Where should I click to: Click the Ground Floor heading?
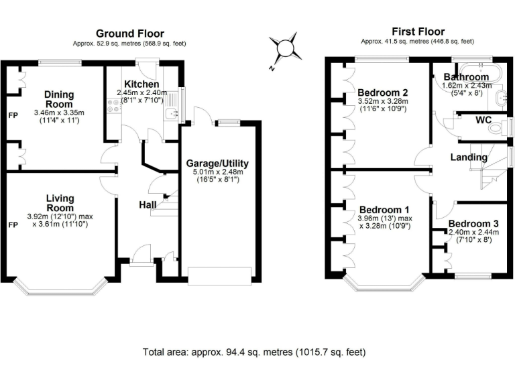[x=130, y=34]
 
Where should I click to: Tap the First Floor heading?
[x=418, y=31]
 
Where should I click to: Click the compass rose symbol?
[x=284, y=49]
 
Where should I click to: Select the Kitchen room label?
[x=141, y=84]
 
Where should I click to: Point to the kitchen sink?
[x=172, y=113]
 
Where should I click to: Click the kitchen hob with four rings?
[x=114, y=106]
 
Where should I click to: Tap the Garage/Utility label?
[x=217, y=163]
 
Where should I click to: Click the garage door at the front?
[x=220, y=275]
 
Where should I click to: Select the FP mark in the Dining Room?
[x=13, y=115]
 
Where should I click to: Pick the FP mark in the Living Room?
[x=13, y=225]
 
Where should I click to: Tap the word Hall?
[x=148, y=205]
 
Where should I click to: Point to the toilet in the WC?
[x=498, y=127]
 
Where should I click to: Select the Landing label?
[x=469, y=157]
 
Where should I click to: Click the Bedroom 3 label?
[x=473, y=224]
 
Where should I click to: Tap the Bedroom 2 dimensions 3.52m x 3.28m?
[x=383, y=101]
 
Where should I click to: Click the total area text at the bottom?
[x=254, y=352]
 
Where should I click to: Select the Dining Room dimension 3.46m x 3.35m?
[x=59, y=113]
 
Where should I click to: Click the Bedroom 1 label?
[x=385, y=209]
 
